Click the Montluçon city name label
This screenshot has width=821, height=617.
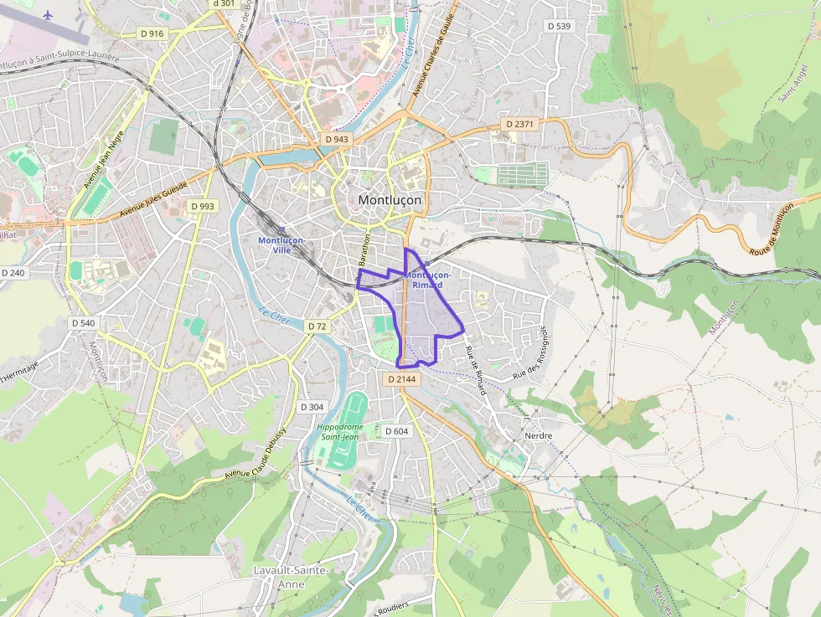[390, 200]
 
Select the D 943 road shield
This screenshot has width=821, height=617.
[336, 139]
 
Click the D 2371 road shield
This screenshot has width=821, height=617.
[519, 124]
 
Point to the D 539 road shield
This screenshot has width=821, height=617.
[559, 26]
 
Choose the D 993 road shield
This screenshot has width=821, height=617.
[202, 206]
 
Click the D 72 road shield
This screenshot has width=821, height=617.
[317, 326]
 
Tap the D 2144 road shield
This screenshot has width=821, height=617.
[401, 379]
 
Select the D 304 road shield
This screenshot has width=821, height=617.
[312, 407]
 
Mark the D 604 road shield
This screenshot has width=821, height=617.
[396, 431]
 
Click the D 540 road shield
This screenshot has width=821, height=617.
[83, 322]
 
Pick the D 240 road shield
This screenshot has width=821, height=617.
[13, 273]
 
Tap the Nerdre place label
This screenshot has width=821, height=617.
[538, 436]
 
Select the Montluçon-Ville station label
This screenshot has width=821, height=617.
[281, 244]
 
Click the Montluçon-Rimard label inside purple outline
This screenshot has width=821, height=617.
[427, 280]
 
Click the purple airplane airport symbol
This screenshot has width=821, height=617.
[46, 14]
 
